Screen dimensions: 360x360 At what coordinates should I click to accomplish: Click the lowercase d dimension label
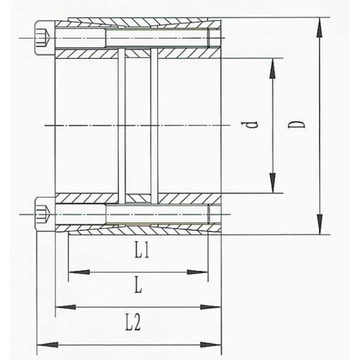254,126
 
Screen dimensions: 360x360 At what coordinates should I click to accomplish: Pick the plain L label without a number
137,287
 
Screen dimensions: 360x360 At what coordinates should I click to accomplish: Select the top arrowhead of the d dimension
272,67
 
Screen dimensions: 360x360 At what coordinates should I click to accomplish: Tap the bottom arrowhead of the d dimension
272,185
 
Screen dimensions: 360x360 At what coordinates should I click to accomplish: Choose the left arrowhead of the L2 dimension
46,344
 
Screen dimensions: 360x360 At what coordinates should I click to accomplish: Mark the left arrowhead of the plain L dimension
64,307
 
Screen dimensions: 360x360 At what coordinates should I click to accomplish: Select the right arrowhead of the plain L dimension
214,307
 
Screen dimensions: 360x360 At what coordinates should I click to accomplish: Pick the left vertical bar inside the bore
122,126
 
